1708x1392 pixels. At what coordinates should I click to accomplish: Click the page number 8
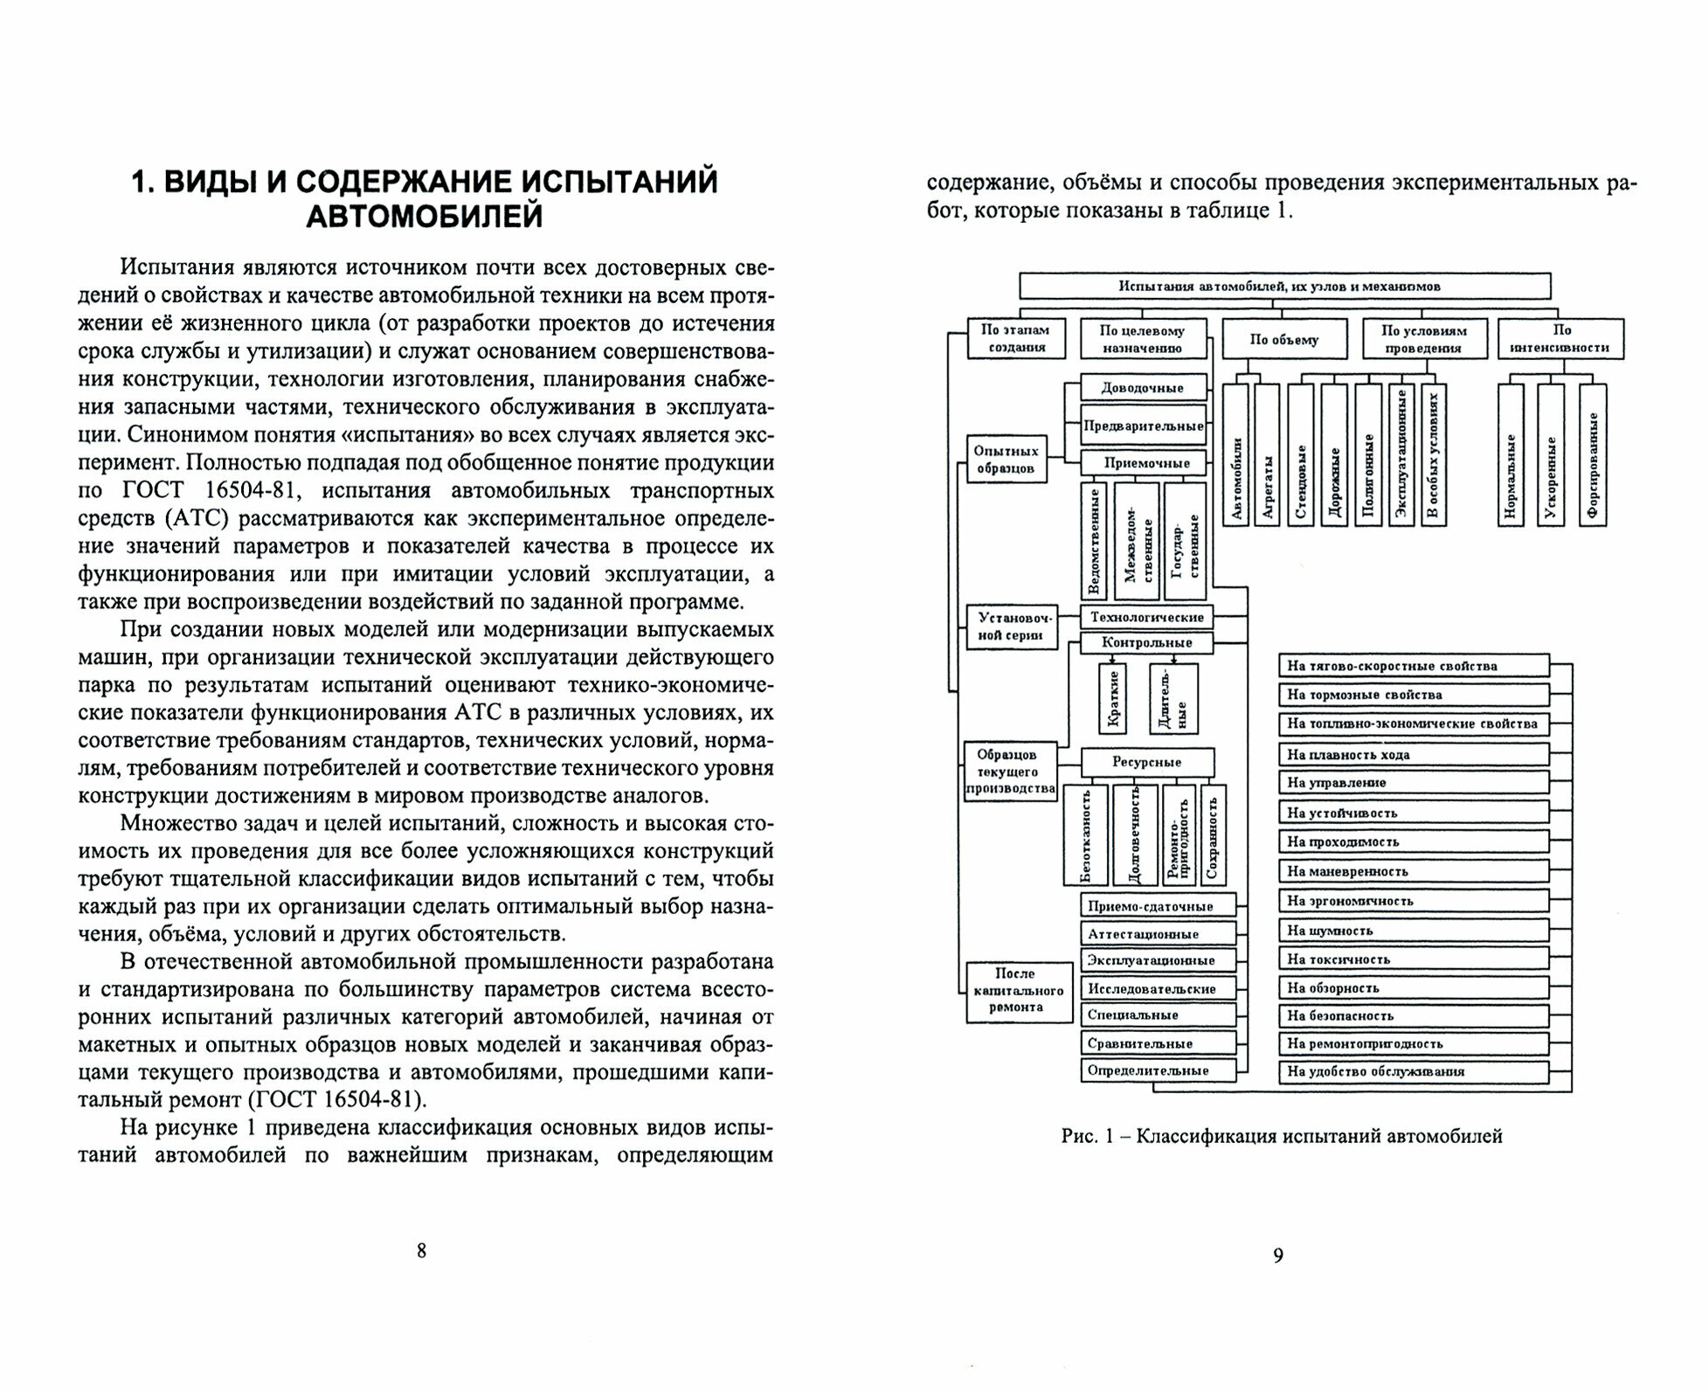click(x=421, y=1250)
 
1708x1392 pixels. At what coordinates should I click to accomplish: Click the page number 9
click(x=1278, y=1256)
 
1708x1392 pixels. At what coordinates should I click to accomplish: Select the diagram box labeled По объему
click(x=1283, y=339)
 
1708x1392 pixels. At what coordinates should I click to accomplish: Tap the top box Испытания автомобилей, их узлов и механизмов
click(x=1285, y=286)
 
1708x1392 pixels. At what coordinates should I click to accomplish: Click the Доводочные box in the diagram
click(x=1143, y=388)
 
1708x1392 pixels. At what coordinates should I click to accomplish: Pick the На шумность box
click(x=1413, y=931)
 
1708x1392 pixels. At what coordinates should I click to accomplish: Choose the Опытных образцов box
click(x=1006, y=460)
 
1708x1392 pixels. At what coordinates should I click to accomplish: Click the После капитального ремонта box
click(x=1019, y=990)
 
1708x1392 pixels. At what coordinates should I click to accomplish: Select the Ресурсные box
click(x=1147, y=762)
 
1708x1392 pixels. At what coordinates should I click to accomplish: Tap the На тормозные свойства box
click(x=1413, y=695)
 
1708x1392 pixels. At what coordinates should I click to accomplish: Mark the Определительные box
click(x=1158, y=1070)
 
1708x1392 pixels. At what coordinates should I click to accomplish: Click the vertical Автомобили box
click(x=1235, y=454)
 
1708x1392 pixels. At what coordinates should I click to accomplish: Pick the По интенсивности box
click(x=1561, y=339)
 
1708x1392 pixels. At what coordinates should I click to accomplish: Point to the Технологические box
click(x=1147, y=617)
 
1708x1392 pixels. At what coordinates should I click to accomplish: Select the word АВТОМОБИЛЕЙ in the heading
click(x=425, y=216)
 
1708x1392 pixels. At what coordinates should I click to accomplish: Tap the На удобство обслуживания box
click(x=1413, y=1071)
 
